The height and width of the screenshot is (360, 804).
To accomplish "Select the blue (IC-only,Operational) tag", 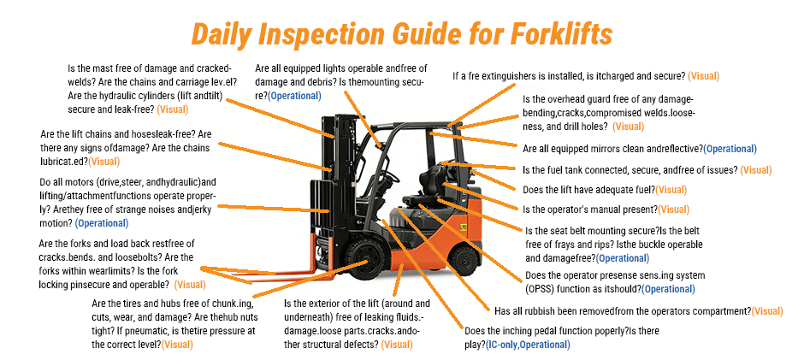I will click(527, 345).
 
